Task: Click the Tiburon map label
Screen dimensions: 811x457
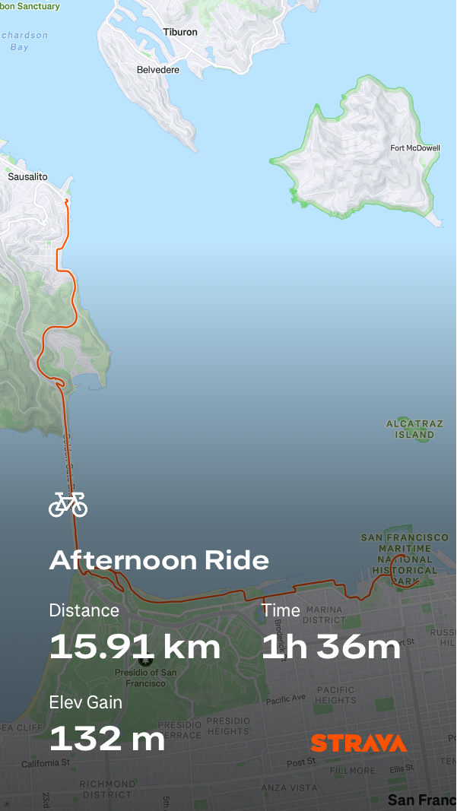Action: [180, 32]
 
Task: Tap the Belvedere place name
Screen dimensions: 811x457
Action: [158, 70]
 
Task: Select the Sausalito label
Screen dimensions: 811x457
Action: [27, 177]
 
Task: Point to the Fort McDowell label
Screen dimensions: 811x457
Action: [414, 148]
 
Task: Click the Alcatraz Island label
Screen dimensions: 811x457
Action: [414, 429]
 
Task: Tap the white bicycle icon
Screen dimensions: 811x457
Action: [68, 504]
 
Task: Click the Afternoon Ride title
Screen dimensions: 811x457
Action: [159, 561]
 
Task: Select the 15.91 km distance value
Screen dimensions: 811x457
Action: [135, 647]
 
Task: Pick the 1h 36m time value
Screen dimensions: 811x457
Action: [331, 647]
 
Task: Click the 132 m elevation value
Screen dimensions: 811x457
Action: [107, 738]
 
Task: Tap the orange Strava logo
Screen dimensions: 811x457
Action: [358, 743]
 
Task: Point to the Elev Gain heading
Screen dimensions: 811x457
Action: [85, 702]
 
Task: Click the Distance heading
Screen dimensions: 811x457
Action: [84, 610]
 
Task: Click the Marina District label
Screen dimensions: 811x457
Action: [325, 614]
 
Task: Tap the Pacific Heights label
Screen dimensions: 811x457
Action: [335, 695]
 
